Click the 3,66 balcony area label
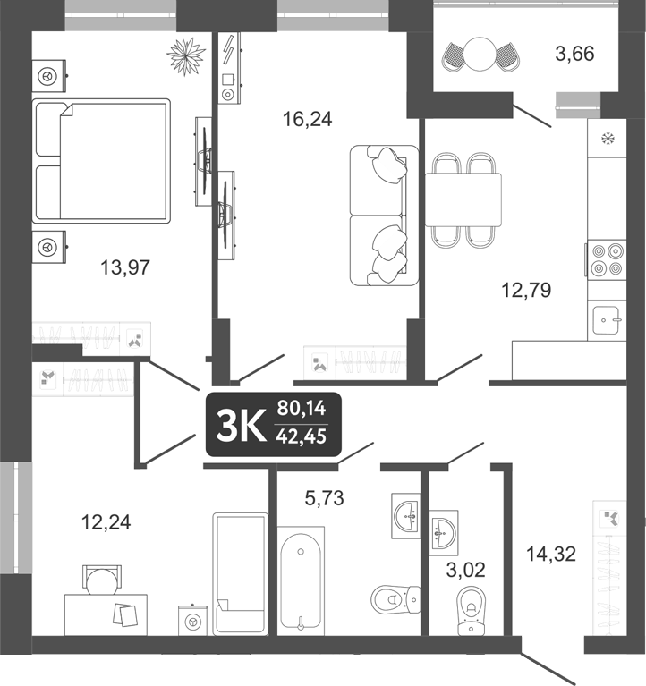click(x=574, y=54)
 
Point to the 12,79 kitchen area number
click(x=526, y=289)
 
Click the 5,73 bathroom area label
click(x=325, y=498)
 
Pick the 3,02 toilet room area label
click(x=465, y=569)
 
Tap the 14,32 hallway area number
click(x=550, y=555)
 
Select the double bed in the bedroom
click(x=100, y=160)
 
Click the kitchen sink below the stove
click(x=608, y=318)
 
